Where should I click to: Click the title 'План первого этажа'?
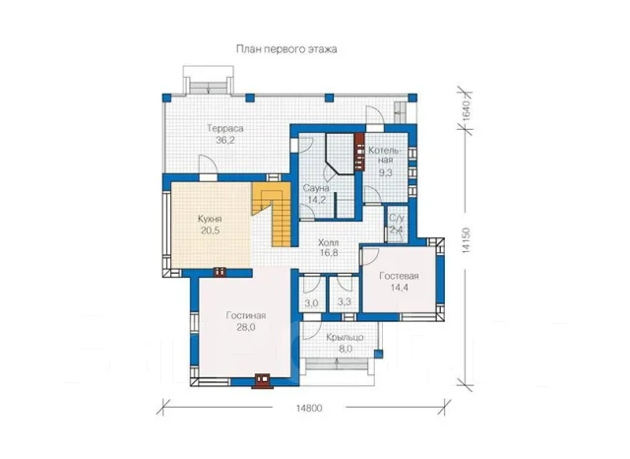pyautogui.click(x=286, y=49)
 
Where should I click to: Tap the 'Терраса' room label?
pyautogui.click(x=225, y=129)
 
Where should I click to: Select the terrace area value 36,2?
pyautogui.click(x=225, y=140)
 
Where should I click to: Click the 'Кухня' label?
pyautogui.click(x=210, y=220)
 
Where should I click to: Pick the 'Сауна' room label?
pyautogui.click(x=316, y=188)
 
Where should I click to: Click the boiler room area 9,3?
pyautogui.click(x=386, y=172)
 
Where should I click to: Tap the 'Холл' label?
pyautogui.click(x=328, y=242)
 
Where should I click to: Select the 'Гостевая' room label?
pyautogui.click(x=399, y=276)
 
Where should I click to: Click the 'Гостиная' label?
pyautogui.click(x=246, y=315)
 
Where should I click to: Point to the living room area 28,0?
pyautogui.click(x=246, y=327)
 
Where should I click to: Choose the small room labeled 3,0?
pyautogui.click(x=311, y=303)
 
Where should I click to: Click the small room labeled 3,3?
pyautogui.click(x=345, y=301)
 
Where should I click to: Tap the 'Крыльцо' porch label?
pyautogui.click(x=345, y=337)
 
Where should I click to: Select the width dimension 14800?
pyautogui.click(x=309, y=408)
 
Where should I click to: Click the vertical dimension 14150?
pyautogui.click(x=466, y=240)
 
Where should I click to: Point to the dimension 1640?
pyautogui.click(x=466, y=110)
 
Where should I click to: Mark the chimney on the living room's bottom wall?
pyautogui.click(x=263, y=381)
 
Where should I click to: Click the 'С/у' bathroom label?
pyautogui.click(x=396, y=219)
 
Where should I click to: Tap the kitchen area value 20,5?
pyautogui.click(x=210, y=231)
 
